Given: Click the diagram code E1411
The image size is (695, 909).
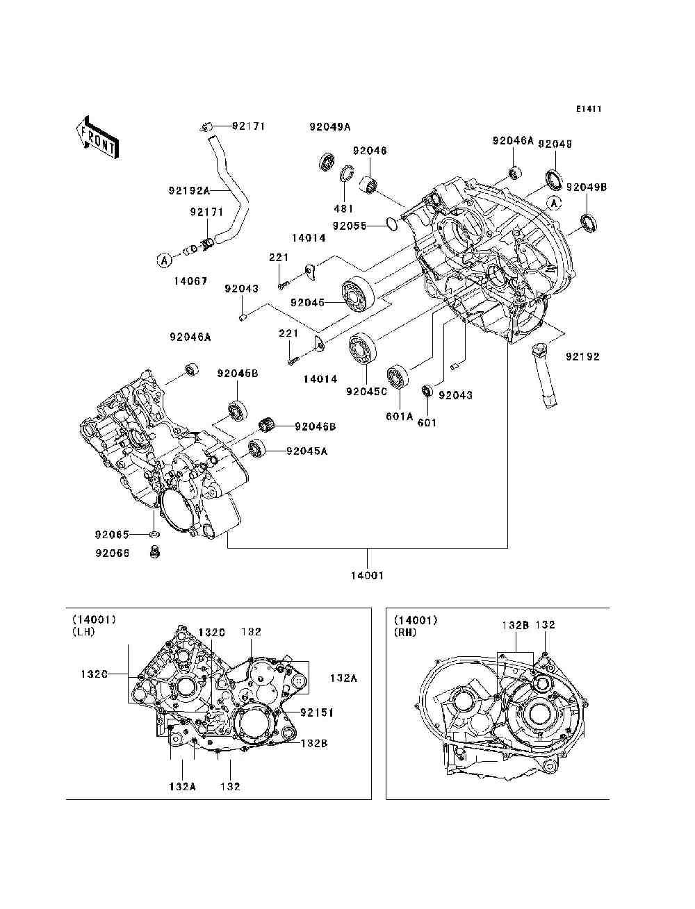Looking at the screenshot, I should pos(588,109).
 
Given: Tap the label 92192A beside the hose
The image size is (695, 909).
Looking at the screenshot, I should pos(188,190).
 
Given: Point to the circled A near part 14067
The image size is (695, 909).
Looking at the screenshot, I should pos(164,260).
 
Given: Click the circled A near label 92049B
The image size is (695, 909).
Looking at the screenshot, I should pos(554,203).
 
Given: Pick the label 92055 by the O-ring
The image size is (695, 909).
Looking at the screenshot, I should pos(348,226).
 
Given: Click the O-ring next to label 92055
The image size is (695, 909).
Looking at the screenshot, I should pos(391,224).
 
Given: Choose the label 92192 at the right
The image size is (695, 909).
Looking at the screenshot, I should pos(582,356).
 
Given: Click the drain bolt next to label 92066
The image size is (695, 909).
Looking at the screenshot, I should pos(154,553).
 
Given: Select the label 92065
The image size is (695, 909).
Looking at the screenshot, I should pos(113,535).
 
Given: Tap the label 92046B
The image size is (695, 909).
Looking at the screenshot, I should pos(315,426).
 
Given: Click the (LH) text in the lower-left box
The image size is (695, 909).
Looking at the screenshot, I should pos(83,632).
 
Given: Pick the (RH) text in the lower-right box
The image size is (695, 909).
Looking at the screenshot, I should pos(405,632).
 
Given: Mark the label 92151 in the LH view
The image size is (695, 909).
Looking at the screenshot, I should pos(317,712).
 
